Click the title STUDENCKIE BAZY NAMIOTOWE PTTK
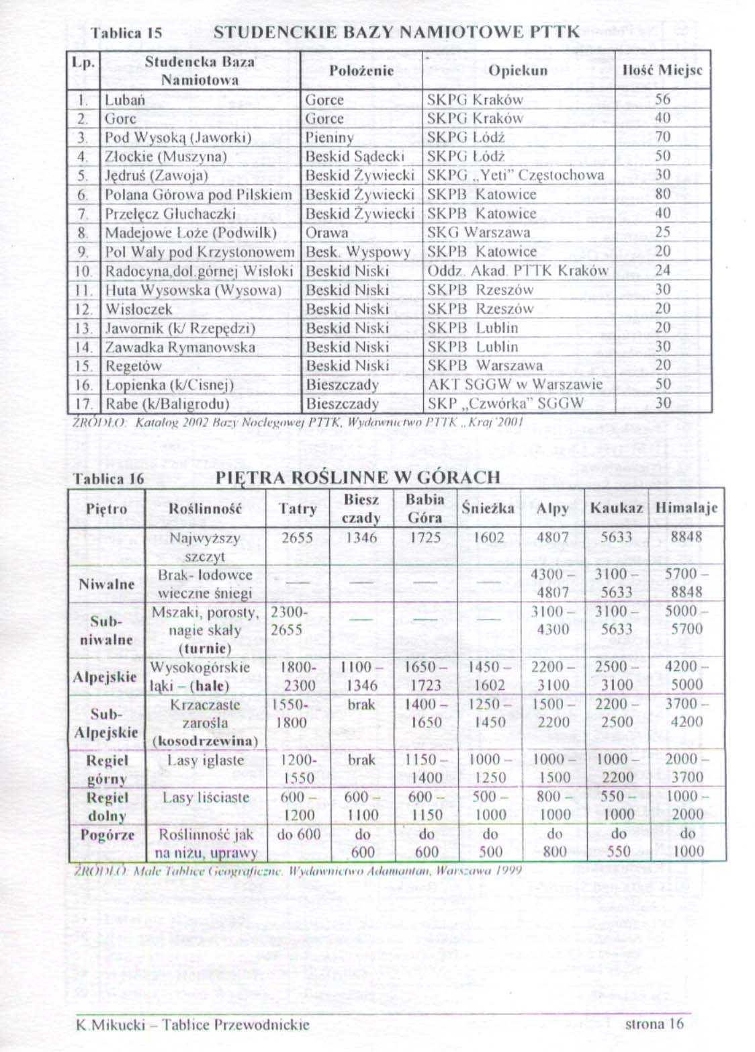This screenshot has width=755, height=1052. [x=396, y=32]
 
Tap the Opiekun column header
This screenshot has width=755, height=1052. [x=517, y=71]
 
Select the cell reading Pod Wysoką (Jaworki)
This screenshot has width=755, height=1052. [x=178, y=138]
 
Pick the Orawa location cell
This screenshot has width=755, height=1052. [x=327, y=232]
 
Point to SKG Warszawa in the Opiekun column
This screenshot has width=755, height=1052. [x=478, y=232]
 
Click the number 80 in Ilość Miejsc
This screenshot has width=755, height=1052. [x=663, y=194]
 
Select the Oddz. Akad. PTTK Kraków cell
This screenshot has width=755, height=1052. [x=517, y=271]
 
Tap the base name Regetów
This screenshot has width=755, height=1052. [x=134, y=366]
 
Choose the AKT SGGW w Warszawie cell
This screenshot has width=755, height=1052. [x=515, y=385]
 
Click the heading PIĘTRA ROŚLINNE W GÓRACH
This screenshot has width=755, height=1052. [x=358, y=478]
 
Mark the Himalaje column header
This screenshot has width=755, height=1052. [x=686, y=508]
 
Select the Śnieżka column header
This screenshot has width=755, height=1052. [x=488, y=508]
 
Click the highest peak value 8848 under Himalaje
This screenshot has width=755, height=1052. [x=686, y=537]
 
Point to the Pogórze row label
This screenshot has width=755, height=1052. [x=107, y=835]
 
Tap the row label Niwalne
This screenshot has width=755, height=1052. [x=107, y=584]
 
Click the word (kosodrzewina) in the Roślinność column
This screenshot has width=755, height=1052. [x=206, y=741]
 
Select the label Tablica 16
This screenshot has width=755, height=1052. [x=108, y=479]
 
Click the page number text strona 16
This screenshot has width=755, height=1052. [x=654, y=1024]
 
